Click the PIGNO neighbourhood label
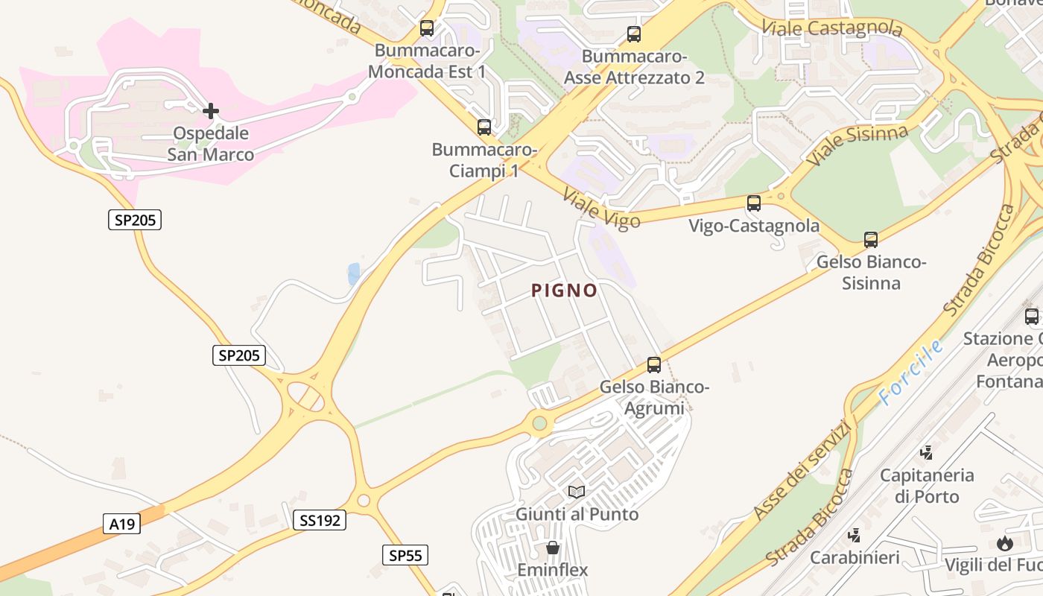[x=565, y=291]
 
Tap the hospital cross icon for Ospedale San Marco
[x=211, y=112]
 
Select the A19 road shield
[x=121, y=524]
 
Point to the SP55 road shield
[x=405, y=555]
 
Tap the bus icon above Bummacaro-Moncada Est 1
[x=427, y=28]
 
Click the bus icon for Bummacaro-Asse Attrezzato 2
[x=634, y=34]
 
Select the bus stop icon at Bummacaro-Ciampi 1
[x=484, y=127]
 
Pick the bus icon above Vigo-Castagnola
[x=754, y=203]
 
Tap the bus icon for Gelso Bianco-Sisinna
[x=871, y=240]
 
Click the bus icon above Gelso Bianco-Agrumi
[x=654, y=364]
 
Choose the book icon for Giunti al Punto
[x=577, y=492]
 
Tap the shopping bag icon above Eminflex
[x=553, y=548]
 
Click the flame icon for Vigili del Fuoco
[x=1005, y=543]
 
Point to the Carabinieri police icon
[x=855, y=535]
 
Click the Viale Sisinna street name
[x=857, y=145]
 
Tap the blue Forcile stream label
[x=910, y=372]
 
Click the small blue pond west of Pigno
[x=353, y=273]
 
